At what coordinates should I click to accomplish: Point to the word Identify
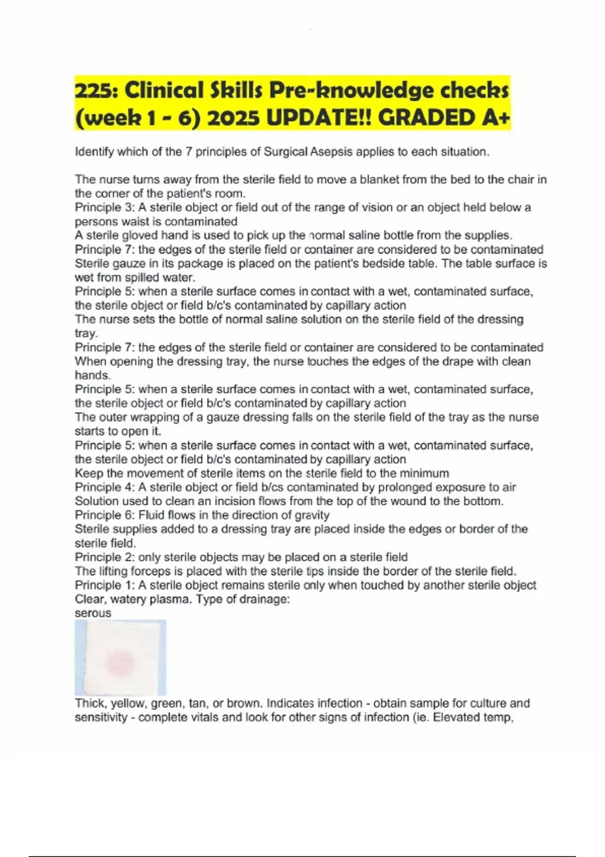94,152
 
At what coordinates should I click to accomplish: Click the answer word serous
93,613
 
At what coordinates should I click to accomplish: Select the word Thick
90,703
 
